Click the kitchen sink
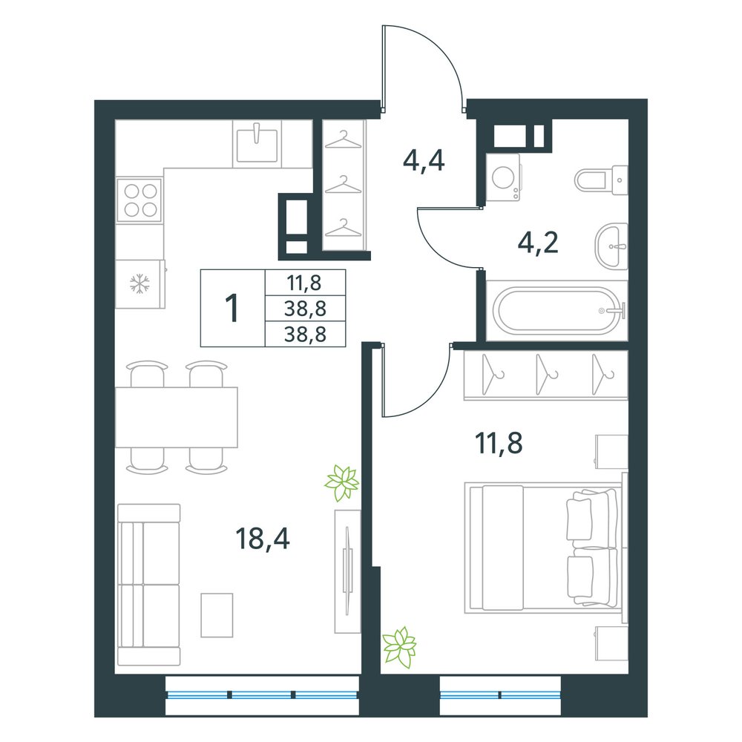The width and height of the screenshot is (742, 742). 257,143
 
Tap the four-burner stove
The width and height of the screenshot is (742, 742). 140,200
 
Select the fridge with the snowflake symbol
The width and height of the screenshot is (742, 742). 140,284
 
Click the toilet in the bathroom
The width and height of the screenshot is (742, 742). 602,180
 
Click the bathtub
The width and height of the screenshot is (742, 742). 556,310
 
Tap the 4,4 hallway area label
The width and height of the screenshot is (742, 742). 424,161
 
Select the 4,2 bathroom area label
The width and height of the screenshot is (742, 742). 539,243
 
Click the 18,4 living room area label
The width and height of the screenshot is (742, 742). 262,539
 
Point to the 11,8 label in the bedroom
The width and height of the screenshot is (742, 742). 499,444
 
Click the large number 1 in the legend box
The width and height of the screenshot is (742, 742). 232,308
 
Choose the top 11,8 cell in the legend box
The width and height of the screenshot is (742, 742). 304,283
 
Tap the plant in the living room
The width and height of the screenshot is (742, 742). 341,483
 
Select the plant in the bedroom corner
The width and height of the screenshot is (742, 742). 399,647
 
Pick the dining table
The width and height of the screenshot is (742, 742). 177,417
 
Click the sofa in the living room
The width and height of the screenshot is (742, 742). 148,585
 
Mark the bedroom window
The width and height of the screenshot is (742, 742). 500,695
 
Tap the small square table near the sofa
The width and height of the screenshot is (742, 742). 217,615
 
